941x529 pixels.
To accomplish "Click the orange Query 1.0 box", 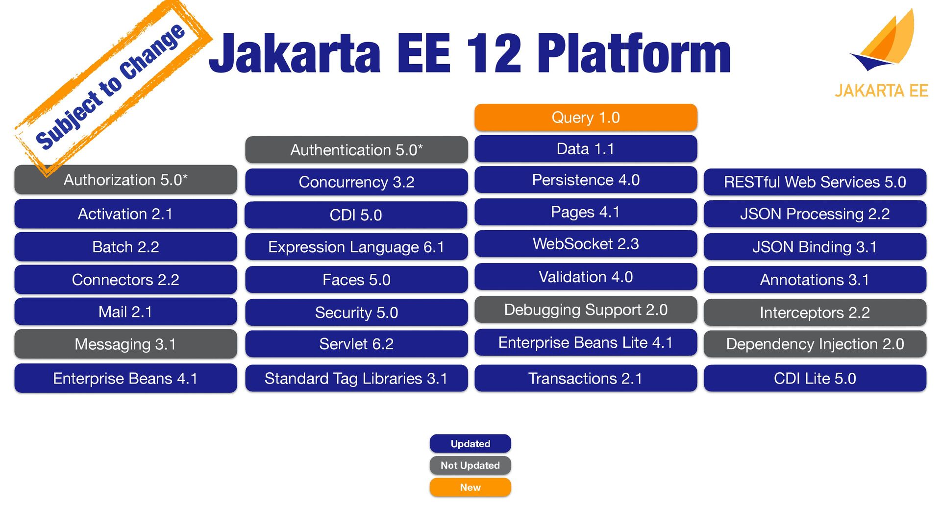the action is point(586,118).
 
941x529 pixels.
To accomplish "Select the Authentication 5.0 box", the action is point(356,150).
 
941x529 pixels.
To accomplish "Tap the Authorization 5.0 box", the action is point(125,180).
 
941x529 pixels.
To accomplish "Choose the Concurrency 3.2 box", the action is point(356,182).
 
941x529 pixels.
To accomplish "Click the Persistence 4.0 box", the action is point(586,180).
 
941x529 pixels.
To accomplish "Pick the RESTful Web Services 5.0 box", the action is point(815,182).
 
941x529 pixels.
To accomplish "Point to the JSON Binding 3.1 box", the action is point(815,247).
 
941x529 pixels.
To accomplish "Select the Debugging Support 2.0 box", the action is point(586,310).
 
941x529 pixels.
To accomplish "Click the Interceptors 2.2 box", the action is point(815,313).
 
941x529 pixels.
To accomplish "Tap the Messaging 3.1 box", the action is point(125,344).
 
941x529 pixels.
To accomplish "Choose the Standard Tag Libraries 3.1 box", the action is point(356,379).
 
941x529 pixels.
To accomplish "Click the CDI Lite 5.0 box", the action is point(815,379).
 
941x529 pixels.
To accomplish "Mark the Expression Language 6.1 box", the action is point(356,247).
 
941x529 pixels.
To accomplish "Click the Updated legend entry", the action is point(470,444).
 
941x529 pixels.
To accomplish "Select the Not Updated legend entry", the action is point(470,465).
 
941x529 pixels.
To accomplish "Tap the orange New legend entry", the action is point(470,487).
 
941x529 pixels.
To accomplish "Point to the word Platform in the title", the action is point(634,54).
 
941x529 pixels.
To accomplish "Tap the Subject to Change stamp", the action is point(110,86).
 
